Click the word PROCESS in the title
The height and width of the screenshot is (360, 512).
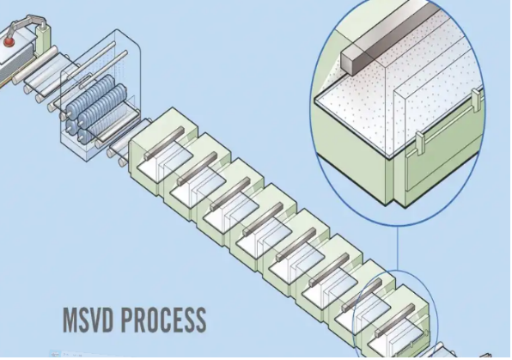pos(163,320)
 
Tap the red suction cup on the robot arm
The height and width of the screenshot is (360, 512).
pos(9,42)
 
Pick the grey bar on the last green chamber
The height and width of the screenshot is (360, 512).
pos(394,320)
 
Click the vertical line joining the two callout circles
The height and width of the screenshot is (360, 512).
pos(398,248)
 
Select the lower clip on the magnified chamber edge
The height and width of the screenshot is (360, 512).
pos(420,143)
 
